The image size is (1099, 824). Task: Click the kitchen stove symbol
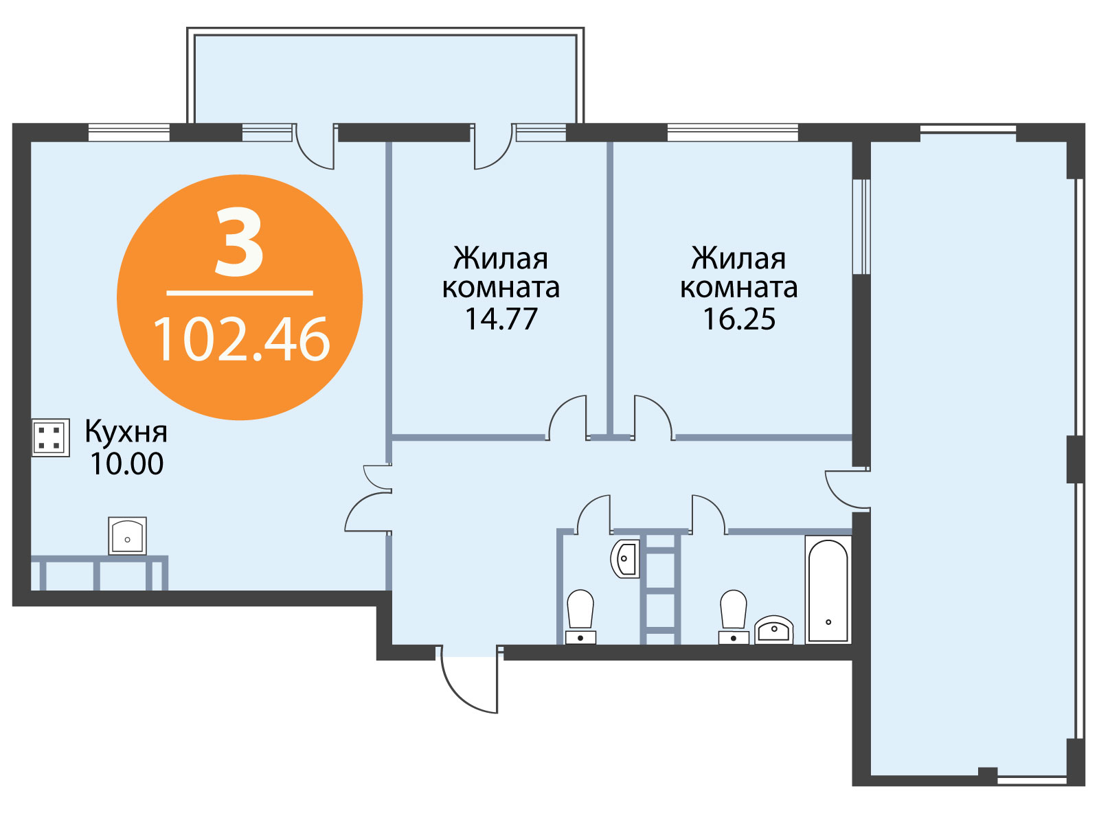[51, 438]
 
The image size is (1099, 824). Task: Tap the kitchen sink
[127, 536]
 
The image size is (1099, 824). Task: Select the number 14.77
[501, 319]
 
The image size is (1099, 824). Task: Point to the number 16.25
[739, 319]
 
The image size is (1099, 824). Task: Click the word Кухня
[126, 431]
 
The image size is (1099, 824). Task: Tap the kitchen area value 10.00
[126, 463]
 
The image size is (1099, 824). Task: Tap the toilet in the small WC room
[580, 617]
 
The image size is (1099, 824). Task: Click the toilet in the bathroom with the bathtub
[734, 617]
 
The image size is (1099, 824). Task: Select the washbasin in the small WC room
[625, 558]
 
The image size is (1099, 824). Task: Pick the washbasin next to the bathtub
[773, 630]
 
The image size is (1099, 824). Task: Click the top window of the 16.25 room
[732, 133]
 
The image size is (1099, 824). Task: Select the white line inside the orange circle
[240, 293]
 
